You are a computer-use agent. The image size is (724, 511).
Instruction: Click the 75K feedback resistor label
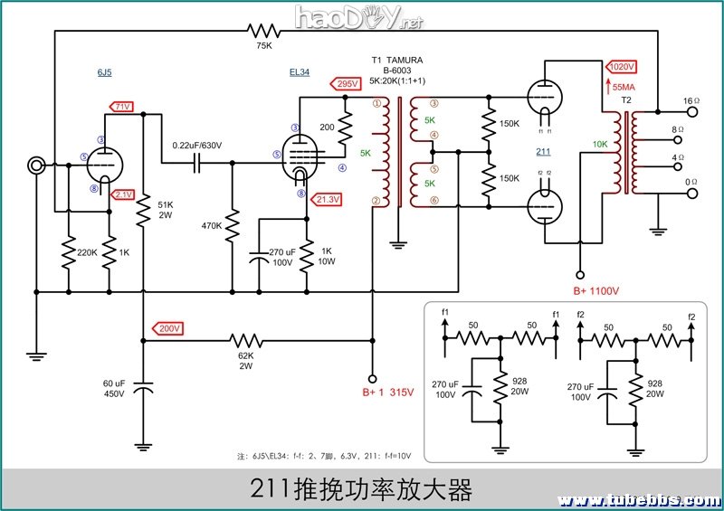[x=264, y=44]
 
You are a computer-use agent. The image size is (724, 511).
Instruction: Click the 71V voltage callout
[x=122, y=107]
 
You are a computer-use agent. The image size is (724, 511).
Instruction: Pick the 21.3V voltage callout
[x=328, y=199]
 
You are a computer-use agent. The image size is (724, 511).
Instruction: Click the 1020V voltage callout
[x=622, y=67]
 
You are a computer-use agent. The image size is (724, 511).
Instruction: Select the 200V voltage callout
[x=168, y=327]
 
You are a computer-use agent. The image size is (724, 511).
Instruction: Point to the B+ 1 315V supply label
[x=387, y=392]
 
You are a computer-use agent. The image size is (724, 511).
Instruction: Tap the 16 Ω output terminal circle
[x=694, y=112]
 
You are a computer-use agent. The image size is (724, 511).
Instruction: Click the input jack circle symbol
[x=37, y=165]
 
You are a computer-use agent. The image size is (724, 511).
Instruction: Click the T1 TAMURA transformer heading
[x=397, y=60]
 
